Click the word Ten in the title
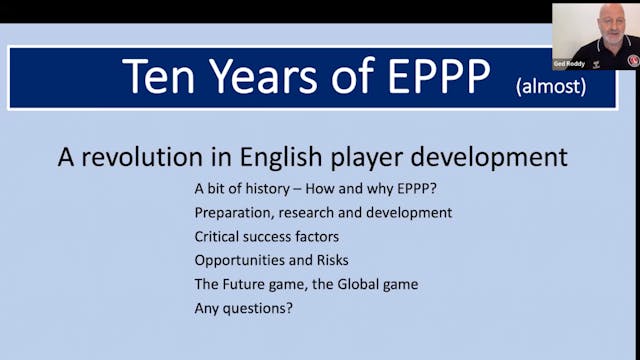[161, 77]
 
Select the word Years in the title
[262, 77]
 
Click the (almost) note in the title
[550, 87]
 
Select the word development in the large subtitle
[493, 157]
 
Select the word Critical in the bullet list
[220, 236]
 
